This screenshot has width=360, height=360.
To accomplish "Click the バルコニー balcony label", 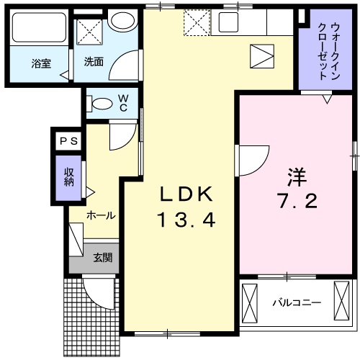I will click(x=296, y=302).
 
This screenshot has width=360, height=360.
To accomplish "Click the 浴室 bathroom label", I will click(x=42, y=62).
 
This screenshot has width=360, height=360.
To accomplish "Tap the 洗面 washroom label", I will click(x=94, y=62).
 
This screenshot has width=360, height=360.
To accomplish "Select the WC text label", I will click(x=123, y=103).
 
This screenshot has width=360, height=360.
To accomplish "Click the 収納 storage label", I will click(x=69, y=176).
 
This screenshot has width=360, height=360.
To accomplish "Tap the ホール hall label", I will click(x=102, y=215).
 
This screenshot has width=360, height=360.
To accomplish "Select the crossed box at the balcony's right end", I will click(x=341, y=301).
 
